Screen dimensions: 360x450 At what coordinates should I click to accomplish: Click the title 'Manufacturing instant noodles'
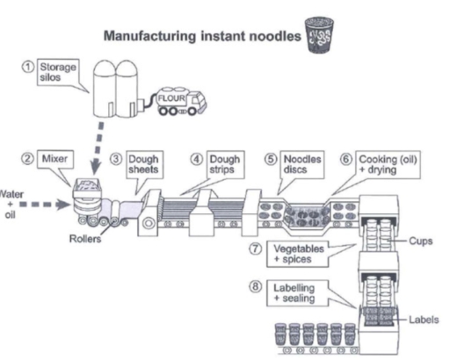tap(200, 38)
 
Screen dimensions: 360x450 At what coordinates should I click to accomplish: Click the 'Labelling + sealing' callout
tap(292, 292)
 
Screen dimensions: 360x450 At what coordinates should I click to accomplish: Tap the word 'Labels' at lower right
tap(423, 320)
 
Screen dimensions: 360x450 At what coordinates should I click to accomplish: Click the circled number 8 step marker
tap(254, 286)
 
